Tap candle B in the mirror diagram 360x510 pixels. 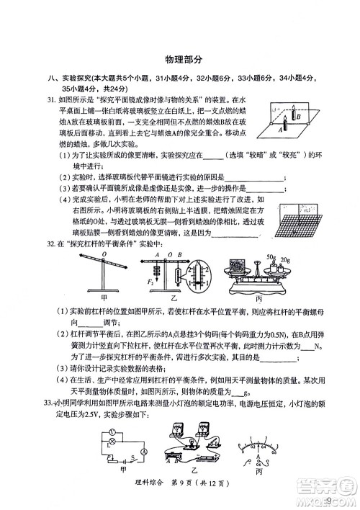(295, 116)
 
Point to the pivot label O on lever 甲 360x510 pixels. (104, 254)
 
